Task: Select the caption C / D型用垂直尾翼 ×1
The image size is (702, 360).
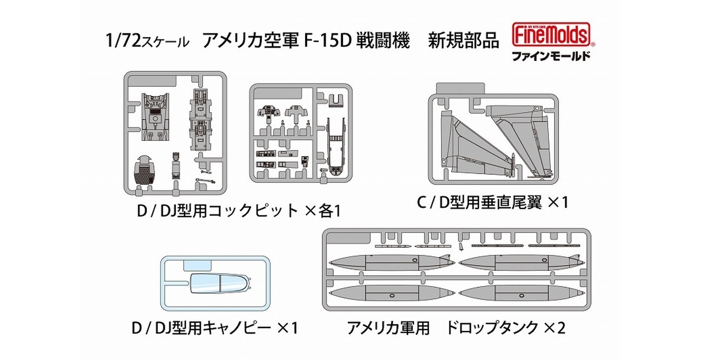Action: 492,203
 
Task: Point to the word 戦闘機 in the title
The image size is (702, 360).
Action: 386,41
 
